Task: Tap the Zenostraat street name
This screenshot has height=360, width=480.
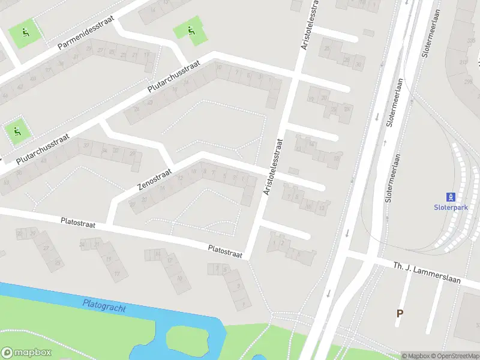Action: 155,179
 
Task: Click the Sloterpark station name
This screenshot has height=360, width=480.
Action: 450,207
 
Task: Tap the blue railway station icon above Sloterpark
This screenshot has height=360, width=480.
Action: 451,196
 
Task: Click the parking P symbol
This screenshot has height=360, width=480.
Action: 400,313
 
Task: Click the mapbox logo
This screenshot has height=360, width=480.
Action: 28,352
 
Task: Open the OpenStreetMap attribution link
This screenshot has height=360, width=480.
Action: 454,356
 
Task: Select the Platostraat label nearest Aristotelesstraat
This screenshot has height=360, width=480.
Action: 225,251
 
